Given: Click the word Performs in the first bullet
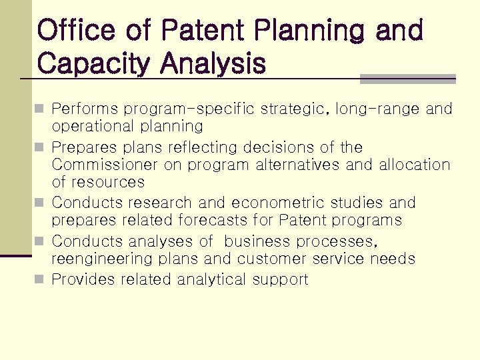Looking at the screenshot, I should coord(85,109).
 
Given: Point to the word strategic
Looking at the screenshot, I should coord(295,109).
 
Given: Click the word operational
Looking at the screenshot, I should coord(93,126).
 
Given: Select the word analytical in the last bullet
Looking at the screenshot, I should coord(212,279).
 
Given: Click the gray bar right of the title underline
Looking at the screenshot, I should coord(407,79).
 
